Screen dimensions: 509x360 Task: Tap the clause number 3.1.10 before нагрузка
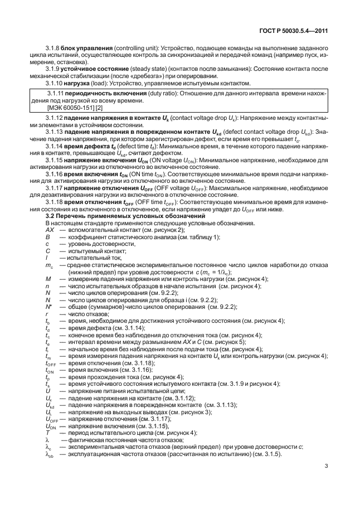coord(55,81)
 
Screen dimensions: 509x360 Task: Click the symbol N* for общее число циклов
coord(48,307)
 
